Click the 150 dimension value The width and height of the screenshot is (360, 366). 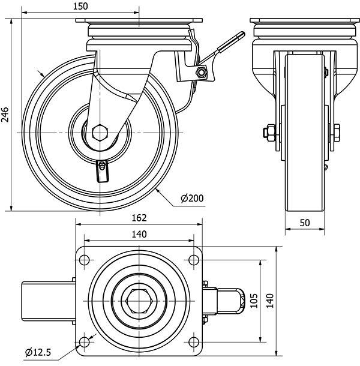point(80,7)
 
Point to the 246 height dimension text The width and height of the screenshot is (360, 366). point(5,114)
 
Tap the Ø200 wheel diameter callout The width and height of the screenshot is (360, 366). point(192,198)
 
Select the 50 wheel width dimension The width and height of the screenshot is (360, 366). point(305,223)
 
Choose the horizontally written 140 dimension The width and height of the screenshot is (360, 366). point(139,234)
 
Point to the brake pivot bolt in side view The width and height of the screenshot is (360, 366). point(202,73)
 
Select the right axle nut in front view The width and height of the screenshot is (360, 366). point(335,131)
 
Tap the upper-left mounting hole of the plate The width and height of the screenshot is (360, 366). point(83,259)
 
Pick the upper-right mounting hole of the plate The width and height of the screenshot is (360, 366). point(193,259)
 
